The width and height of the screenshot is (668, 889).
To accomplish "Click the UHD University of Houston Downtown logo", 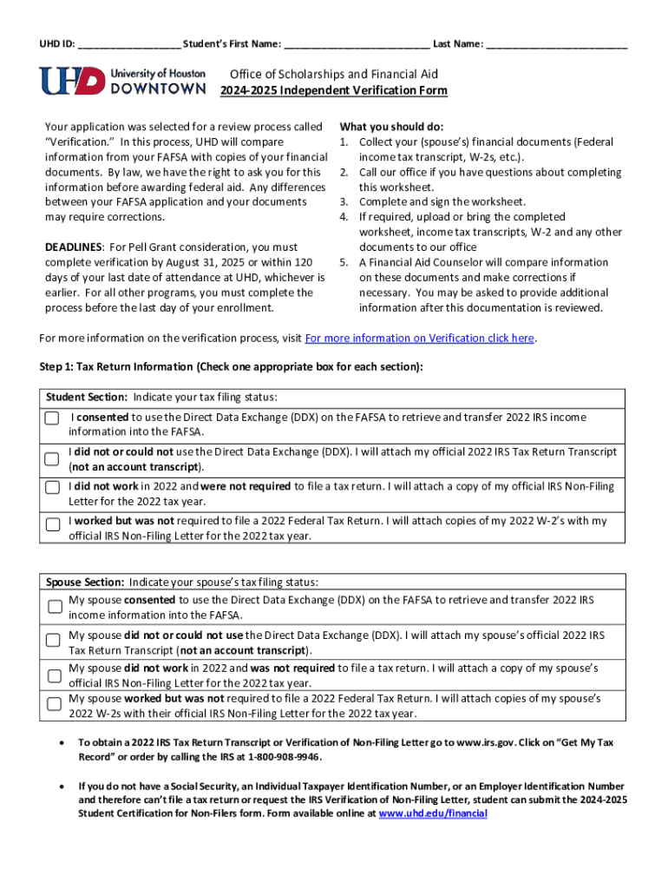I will click(122, 81).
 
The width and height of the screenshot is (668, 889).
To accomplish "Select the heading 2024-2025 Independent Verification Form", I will click(333, 90).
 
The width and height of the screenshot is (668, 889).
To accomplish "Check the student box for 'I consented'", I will click(54, 418).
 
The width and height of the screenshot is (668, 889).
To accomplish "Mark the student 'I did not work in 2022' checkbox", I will click(54, 487).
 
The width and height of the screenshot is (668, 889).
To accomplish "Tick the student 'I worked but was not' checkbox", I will click(54, 523).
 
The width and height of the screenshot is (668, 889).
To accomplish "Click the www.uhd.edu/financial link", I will click(433, 813).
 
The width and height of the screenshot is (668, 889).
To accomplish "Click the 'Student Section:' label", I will click(87, 397).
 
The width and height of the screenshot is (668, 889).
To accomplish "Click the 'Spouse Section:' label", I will click(86, 582).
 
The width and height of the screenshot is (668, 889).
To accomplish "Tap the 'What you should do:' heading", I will click(391, 127).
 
